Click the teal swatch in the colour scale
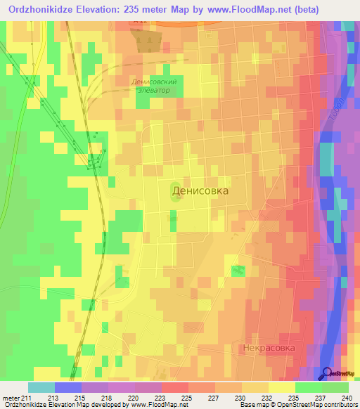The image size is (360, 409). click(41, 387)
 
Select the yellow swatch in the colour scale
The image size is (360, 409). click(281, 387)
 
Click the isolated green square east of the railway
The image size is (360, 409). click(239, 271)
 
